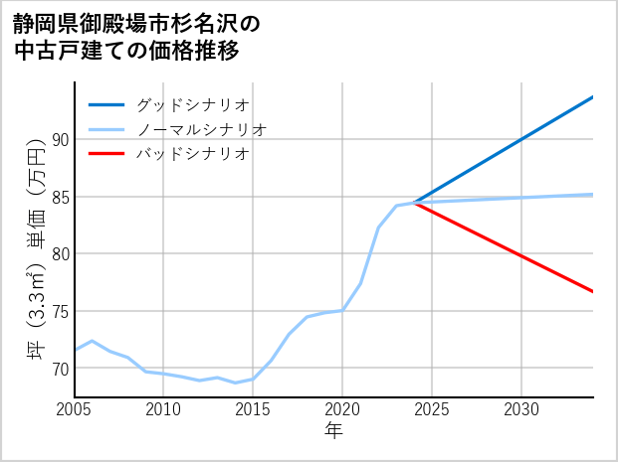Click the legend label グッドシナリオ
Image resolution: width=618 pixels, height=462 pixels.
pyautogui.click(x=192, y=104)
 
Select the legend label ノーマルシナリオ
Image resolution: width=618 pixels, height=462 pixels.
pyautogui.click(x=201, y=129)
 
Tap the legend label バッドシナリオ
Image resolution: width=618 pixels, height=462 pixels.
pyautogui.click(x=192, y=154)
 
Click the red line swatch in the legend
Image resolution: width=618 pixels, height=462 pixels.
pyautogui.click(x=106, y=154)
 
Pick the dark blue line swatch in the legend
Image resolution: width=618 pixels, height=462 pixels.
pyautogui.click(x=106, y=104)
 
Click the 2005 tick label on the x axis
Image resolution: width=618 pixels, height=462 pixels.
pyautogui.click(x=75, y=409)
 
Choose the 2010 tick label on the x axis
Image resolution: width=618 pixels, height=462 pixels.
pyautogui.click(x=163, y=409)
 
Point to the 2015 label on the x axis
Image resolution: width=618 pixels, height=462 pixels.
pyautogui.click(x=253, y=409)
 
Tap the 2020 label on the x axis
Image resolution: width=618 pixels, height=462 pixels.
pyautogui.click(x=342, y=409)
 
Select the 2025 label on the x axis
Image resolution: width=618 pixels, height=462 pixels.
pyautogui.click(x=432, y=409)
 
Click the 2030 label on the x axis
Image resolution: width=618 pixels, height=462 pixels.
pyautogui.click(x=521, y=409)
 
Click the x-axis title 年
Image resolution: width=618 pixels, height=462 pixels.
pyautogui.click(x=334, y=431)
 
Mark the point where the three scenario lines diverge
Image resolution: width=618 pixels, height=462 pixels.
pyautogui.click(x=414, y=203)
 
